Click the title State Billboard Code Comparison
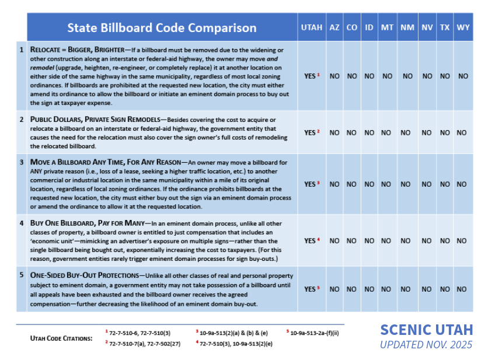pos(162,27)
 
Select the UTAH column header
pos(312,27)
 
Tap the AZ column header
pos(334,27)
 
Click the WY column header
pos(463,27)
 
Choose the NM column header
pos(407,27)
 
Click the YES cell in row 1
pos(312,76)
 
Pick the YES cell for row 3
pos(312,184)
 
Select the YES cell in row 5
pos(312,289)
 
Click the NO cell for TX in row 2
pos(445,133)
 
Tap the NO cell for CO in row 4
pos(351,240)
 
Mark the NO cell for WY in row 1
pos(463,76)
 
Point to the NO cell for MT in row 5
pos(386,289)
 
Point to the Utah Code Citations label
pos(61,338)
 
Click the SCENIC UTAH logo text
pos(426,330)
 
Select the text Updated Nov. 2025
pos(426,345)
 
